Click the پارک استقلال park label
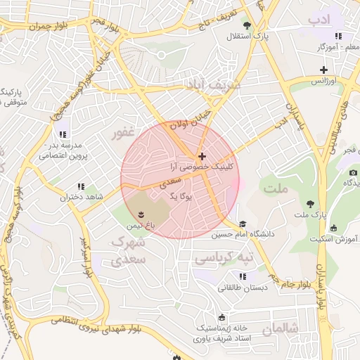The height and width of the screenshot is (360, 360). tap(252, 36)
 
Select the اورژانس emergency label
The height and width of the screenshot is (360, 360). tap(323, 81)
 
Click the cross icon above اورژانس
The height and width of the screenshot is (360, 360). tap(323, 70)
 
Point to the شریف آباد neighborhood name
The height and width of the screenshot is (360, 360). tap(212, 84)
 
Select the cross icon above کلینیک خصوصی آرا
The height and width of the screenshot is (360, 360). tap(202, 156)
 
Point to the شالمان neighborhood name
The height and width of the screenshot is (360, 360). tap(281, 328)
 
